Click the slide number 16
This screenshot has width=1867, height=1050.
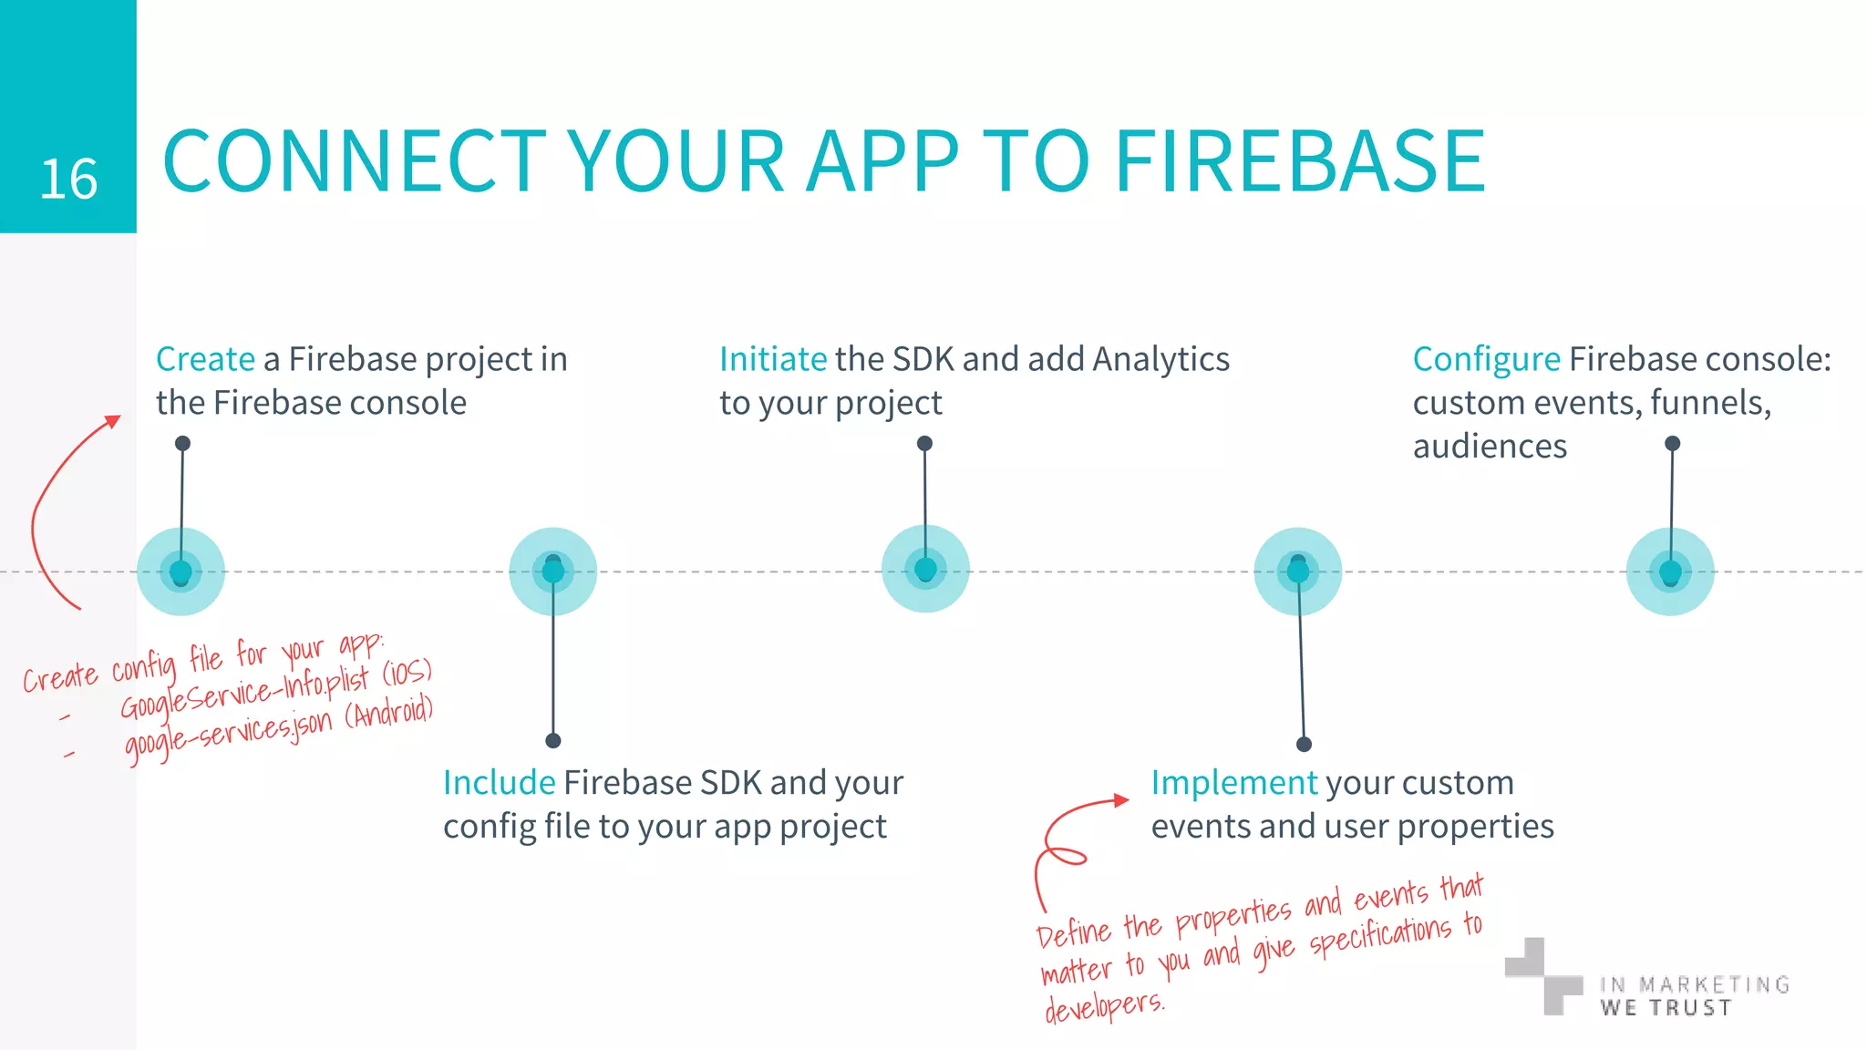click(x=68, y=180)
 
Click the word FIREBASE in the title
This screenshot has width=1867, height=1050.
click(x=1300, y=161)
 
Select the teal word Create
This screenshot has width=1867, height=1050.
click(x=205, y=359)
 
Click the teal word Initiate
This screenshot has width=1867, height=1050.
click(x=772, y=359)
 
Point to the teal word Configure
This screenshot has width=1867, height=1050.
click(x=1486, y=360)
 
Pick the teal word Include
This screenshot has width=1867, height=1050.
click(x=499, y=782)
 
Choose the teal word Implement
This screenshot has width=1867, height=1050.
click(x=1233, y=782)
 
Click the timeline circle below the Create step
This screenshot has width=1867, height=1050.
click(x=181, y=572)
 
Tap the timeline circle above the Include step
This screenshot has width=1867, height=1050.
click(x=552, y=571)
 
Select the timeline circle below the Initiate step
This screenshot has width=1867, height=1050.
click(x=925, y=570)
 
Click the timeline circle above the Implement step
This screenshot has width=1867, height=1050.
click(x=1298, y=571)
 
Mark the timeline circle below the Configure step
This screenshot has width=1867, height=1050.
click(x=1670, y=572)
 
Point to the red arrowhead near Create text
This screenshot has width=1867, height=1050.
click(x=113, y=421)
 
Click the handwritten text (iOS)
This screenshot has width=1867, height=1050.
click(x=407, y=674)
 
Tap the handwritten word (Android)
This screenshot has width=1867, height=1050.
click(x=389, y=712)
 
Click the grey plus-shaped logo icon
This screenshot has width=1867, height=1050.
click(x=1542, y=976)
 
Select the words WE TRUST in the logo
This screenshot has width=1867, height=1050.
click(x=1666, y=1007)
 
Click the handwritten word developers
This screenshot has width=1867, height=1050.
click(x=1104, y=1006)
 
